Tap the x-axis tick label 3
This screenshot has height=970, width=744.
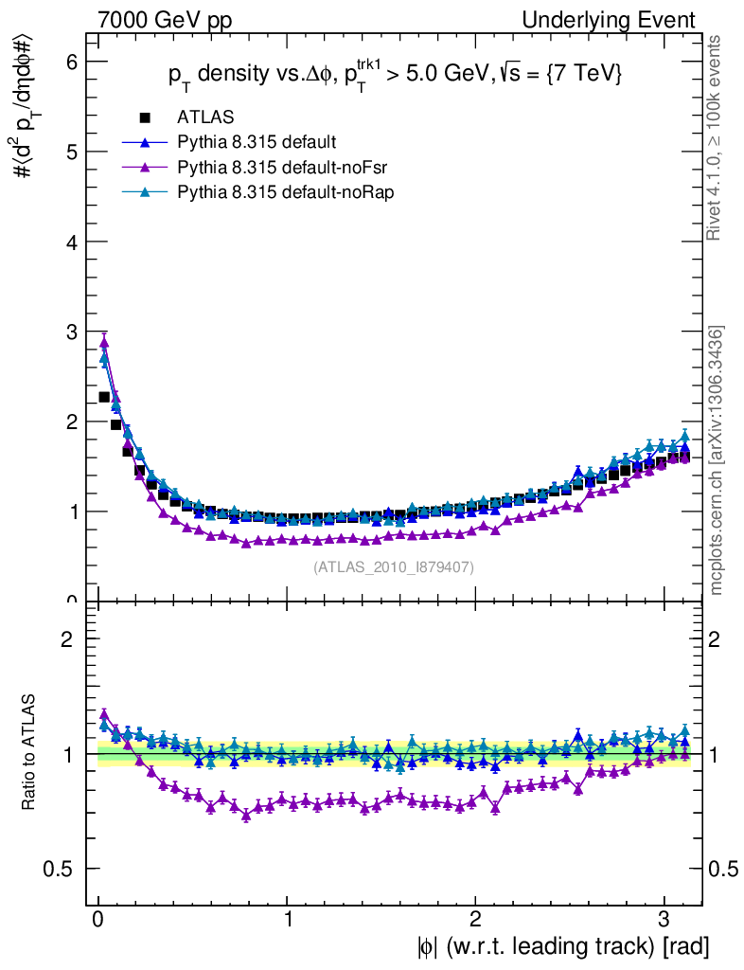point(664,920)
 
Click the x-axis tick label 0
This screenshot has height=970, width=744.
point(98,920)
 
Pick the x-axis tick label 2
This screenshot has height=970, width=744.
point(476,920)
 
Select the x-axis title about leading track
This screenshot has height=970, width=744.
point(561,946)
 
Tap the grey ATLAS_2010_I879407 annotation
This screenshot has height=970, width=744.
point(394,566)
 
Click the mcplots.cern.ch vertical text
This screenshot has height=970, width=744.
point(717,460)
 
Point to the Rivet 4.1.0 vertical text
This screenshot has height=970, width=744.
point(717,137)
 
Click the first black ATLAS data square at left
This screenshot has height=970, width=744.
point(104,397)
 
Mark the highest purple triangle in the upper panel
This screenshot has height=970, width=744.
point(104,342)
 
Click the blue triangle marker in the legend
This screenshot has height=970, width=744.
point(146,143)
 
